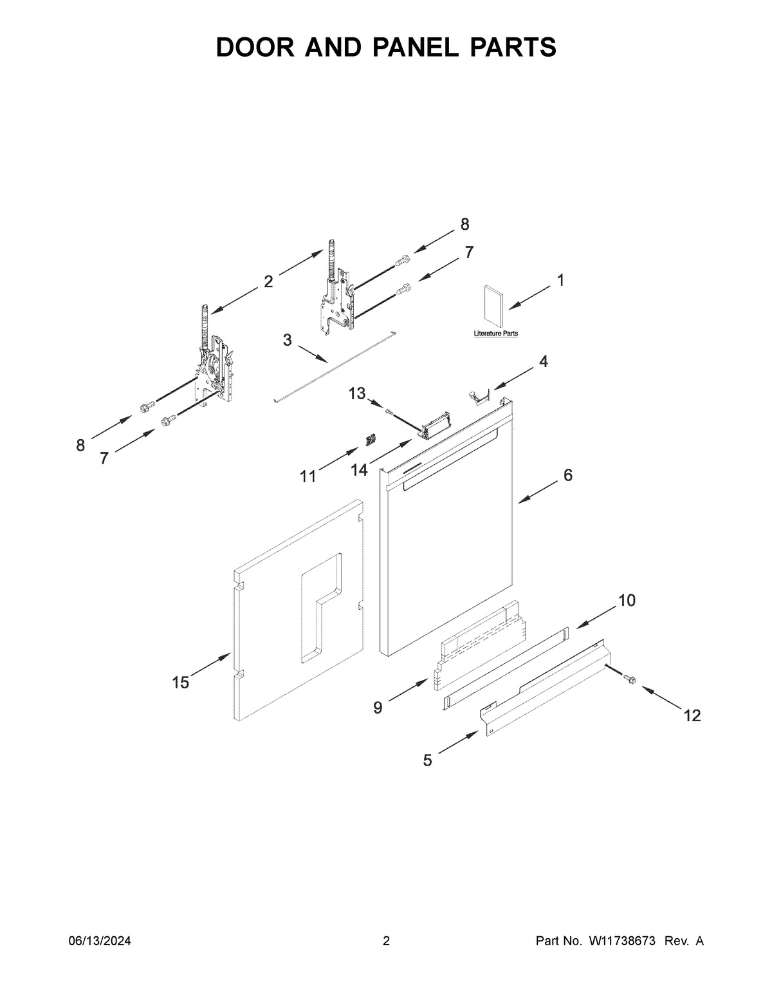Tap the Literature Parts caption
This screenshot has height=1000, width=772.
tap(495, 334)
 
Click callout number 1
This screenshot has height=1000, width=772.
tap(560, 280)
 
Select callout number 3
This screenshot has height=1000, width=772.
tap(287, 341)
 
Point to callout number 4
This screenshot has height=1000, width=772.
tap(544, 362)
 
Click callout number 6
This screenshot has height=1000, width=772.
tap(568, 475)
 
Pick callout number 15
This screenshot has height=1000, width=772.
tap(181, 683)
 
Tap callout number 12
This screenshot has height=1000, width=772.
tap(692, 715)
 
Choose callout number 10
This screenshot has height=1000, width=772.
tap(627, 601)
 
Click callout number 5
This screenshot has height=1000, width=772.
tap(428, 760)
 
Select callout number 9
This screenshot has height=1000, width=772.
tap(378, 708)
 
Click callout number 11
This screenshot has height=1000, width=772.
tap(308, 476)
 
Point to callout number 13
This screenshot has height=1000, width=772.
tap(357, 393)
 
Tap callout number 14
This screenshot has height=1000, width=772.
tap(359, 471)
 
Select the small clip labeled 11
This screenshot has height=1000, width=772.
tap(370, 440)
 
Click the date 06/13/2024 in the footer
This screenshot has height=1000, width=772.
tap(100, 941)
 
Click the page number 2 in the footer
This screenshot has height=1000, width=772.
tap(386, 941)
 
